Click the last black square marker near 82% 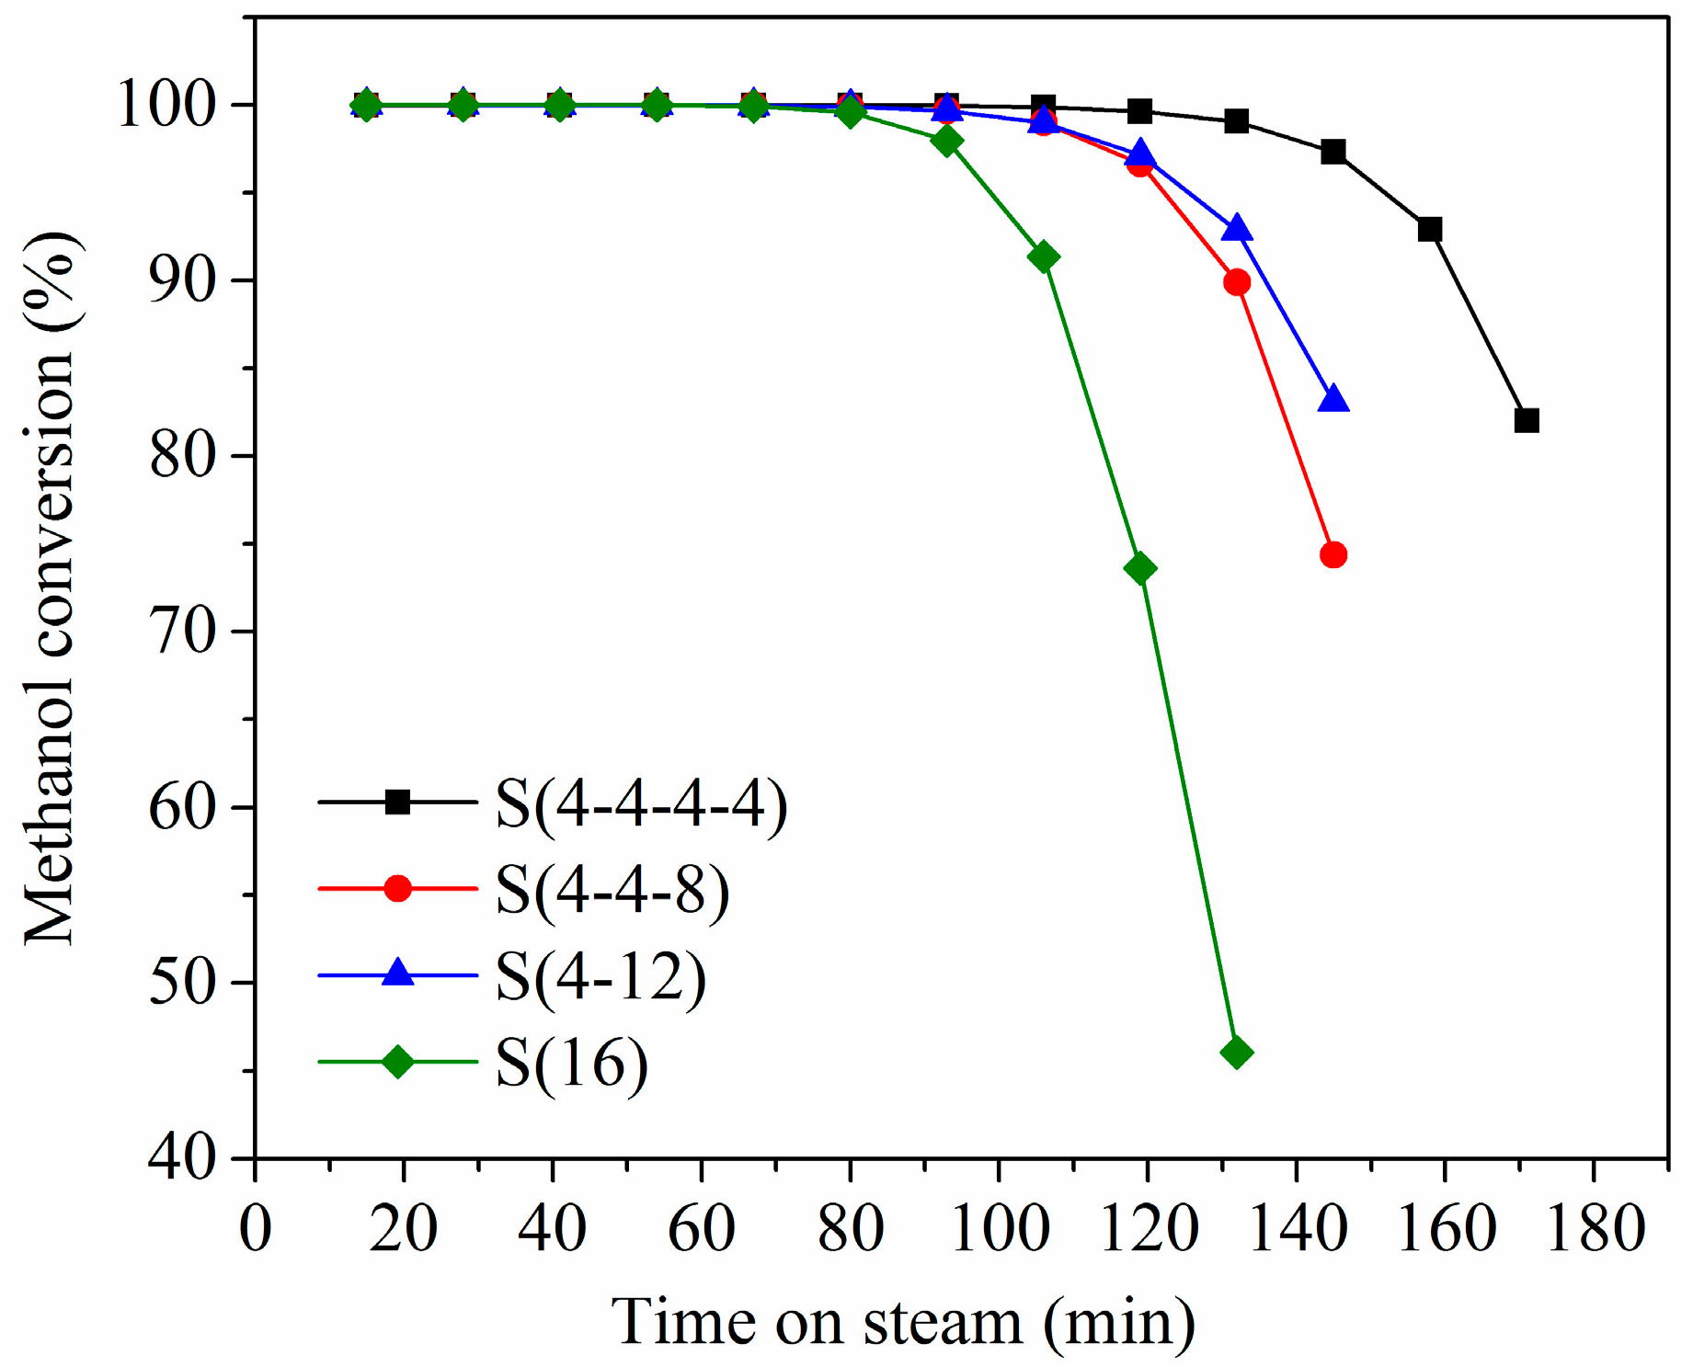(x=1526, y=421)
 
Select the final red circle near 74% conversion (x=1333, y=555)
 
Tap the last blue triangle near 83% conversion (x=1333, y=399)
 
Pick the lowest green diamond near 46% (x=1236, y=1053)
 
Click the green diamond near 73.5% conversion (x=1139, y=569)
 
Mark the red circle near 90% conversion (x=1236, y=282)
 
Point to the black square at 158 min (x=1429, y=230)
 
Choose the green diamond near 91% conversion (x=1043, y=257)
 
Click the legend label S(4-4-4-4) (x=641, y=805)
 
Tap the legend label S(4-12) (x=601, y=977)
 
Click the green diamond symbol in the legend (x=397, y=1062)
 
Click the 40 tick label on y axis (x=181, y=1158)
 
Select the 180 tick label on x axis (x=1595, y=1230)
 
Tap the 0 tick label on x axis (x=256, y=1230)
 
